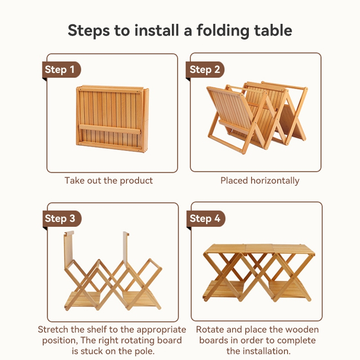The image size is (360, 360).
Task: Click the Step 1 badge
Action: click(x=62, y=70)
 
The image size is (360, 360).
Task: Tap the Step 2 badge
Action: click(x=205, y=70)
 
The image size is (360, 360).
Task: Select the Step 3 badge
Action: click(x=62, y=218)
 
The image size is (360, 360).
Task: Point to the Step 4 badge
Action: click(x=206, y=218)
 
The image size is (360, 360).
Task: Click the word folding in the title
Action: click(x=223, y=31)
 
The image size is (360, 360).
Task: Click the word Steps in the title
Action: click(x=89, y=31)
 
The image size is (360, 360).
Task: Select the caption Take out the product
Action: click(x=108, y=181)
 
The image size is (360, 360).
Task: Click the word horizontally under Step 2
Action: click(x=275, y=181)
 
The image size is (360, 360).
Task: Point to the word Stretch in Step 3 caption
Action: click(x=53, y=329)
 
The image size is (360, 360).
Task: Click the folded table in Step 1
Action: click(x=112, y=119)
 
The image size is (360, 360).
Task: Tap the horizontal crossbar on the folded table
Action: click(x=110, y=129)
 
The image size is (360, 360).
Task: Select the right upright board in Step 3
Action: click(x=126, y=249)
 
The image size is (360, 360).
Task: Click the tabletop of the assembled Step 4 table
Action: click(x=259, y=249)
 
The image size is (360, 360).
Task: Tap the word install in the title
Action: click(x=156, y=30)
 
